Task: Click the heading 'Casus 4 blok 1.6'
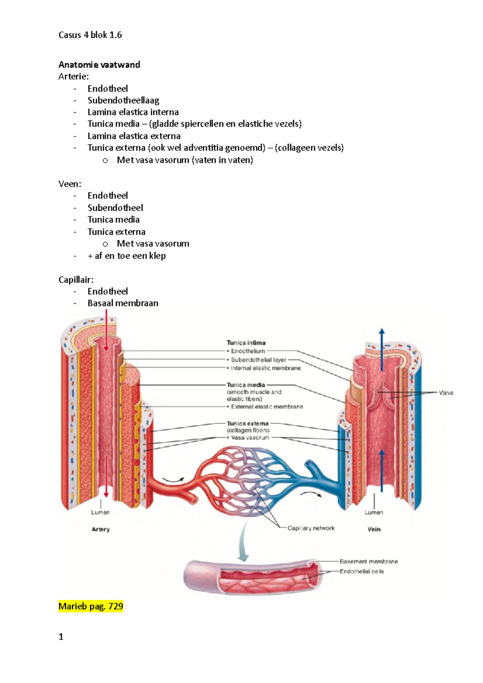[90, 35]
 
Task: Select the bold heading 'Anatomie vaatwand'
[99, 65]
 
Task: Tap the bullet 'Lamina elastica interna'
[133, 112]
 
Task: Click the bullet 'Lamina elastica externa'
[134, 136]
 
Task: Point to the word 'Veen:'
[70, 184]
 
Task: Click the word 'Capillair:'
[76, 280]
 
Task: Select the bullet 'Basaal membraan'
[123, 303]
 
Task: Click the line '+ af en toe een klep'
[126, 256]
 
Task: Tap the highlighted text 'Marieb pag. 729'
[91, 606]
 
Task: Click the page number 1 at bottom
[61, 637]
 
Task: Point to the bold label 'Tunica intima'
[246, 343]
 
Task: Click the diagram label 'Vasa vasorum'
[250, 438]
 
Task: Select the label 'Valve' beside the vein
[446, 393]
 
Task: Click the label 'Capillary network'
[311, 528]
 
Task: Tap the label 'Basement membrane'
[368, 561]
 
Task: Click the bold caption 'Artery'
[101, 529]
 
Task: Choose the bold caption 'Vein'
[374, 529]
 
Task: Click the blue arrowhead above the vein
[382, 331]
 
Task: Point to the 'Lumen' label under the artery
[100, 512]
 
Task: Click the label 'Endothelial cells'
[361, 572]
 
